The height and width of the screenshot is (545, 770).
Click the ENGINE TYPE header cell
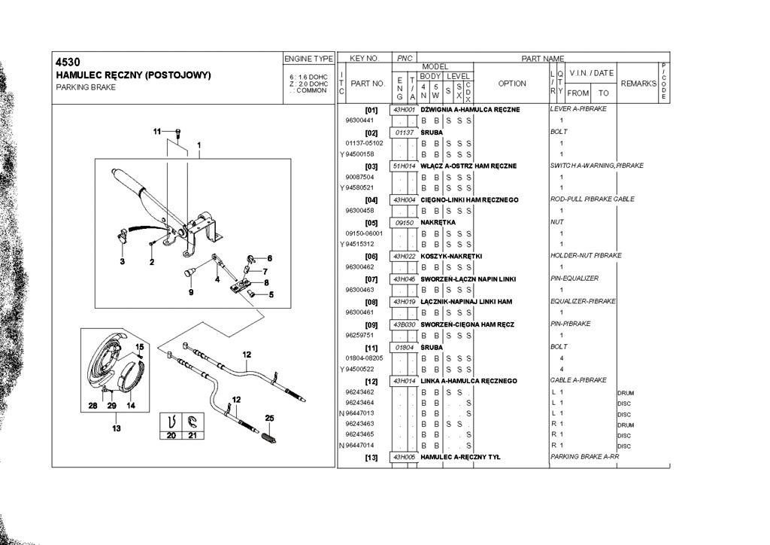(308, 58)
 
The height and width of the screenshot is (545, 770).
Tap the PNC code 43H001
(405, 110)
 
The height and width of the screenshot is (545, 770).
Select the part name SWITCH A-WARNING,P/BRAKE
(596, 166)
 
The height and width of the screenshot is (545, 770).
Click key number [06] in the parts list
(370, 256)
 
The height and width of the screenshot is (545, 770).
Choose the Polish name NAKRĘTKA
(438, 223)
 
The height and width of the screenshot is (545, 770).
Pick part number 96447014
(364, 446)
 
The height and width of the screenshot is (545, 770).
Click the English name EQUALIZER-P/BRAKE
(583, 301)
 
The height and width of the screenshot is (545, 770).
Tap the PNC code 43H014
(405, 381)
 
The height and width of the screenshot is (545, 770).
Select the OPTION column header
(512, 84)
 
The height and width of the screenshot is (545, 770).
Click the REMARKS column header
(638, 84)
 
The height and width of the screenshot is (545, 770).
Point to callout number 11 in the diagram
(158, 132)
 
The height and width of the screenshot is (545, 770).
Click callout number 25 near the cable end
(269, 418)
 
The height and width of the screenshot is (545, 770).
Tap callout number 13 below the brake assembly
(116, 428)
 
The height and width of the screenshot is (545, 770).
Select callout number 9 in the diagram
(190, 292)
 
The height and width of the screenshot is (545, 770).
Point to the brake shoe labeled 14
(136, 380)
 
